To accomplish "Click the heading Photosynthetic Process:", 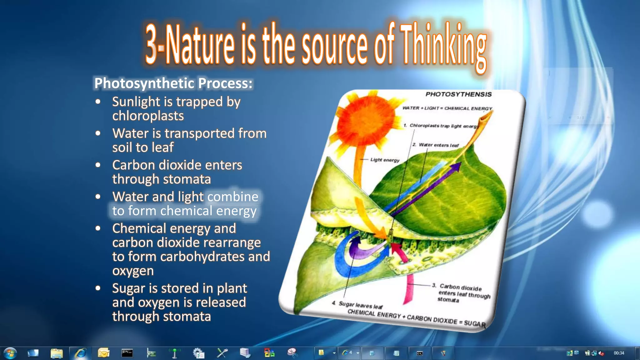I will pyautogui.click(x=173, y=83).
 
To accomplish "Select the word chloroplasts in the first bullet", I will pyautogui.click(x=148, y=116).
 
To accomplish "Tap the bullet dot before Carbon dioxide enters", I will pyautogui.click(x=98, y=165).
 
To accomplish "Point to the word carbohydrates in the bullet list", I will pyautogui.click(x=202, y=257).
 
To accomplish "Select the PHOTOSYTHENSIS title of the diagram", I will pyautogui.click(x=458, y=94).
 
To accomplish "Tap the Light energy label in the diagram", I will pyautogui.click(x=385, y=160).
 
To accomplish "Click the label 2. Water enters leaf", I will pyautogui.click(x=436, y=145).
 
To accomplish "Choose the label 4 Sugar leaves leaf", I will pyautogui.click(x=357, y=304).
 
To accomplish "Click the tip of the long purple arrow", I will pyautogui.click(x=457, y=165).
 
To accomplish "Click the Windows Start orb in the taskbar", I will pyautogui.click(x=10, y=353).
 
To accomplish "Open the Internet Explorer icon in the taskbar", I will pyautogui.click(x=81, y=353).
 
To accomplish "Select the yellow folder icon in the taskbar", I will pyautogui.click(x=57, y=353).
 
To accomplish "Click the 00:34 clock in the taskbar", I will pyautogui.click(x=618, y=353).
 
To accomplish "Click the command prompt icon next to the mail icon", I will pyautogui.click(x=127, y=353).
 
